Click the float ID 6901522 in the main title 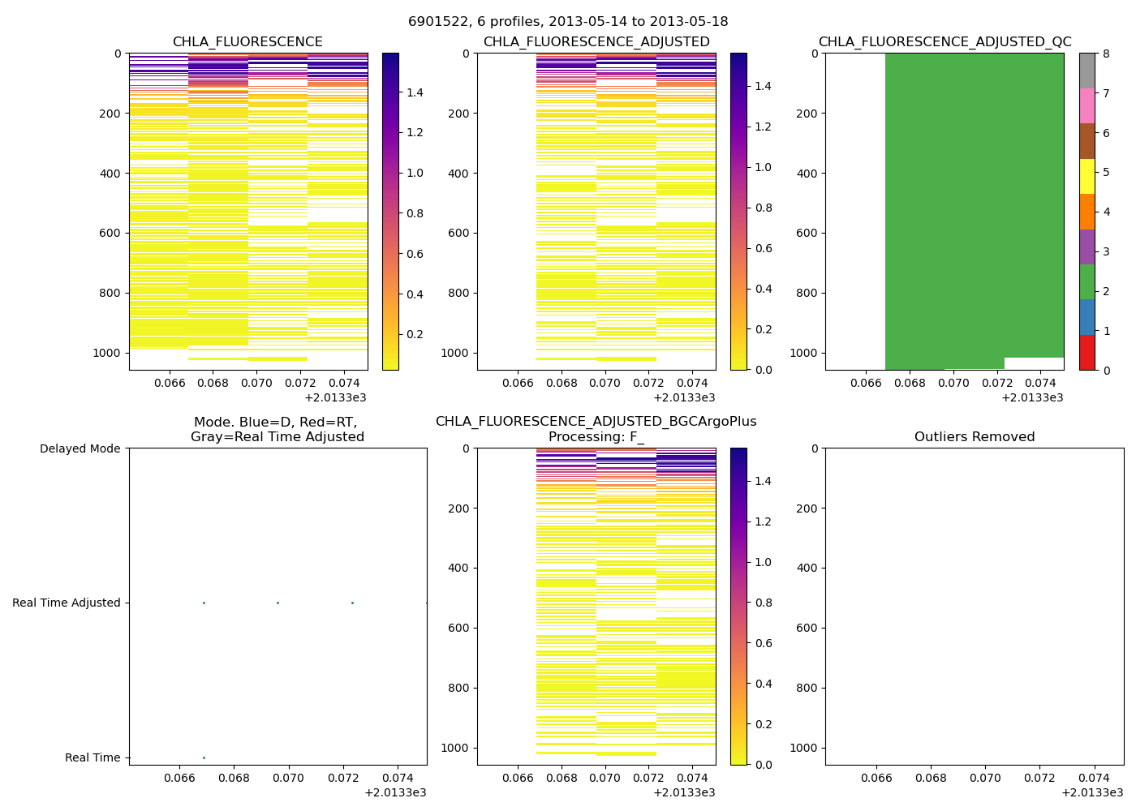(x=436, y=22)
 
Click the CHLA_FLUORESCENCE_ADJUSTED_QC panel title (x=945, y=42)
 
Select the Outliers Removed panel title (x=975, y=437)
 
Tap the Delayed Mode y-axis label (x=80, y=448)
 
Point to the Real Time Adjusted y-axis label (x=67, y=603)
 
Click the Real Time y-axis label (x=93, y=757)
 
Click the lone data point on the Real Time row (x=204, y=757)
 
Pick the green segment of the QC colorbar (x=1087, y=281)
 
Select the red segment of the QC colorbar (x=1087, y=353)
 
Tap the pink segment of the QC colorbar (x=1087, y=105)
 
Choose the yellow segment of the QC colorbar (x=1087, y=176)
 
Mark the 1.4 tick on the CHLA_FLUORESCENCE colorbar (x=415, y=92)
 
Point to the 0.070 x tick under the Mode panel (x=288, y=778)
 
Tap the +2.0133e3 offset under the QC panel (x=1032, y=397)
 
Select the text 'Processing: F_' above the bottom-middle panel (x=596, y=437)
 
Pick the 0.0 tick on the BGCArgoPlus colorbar (x=762, y=765)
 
